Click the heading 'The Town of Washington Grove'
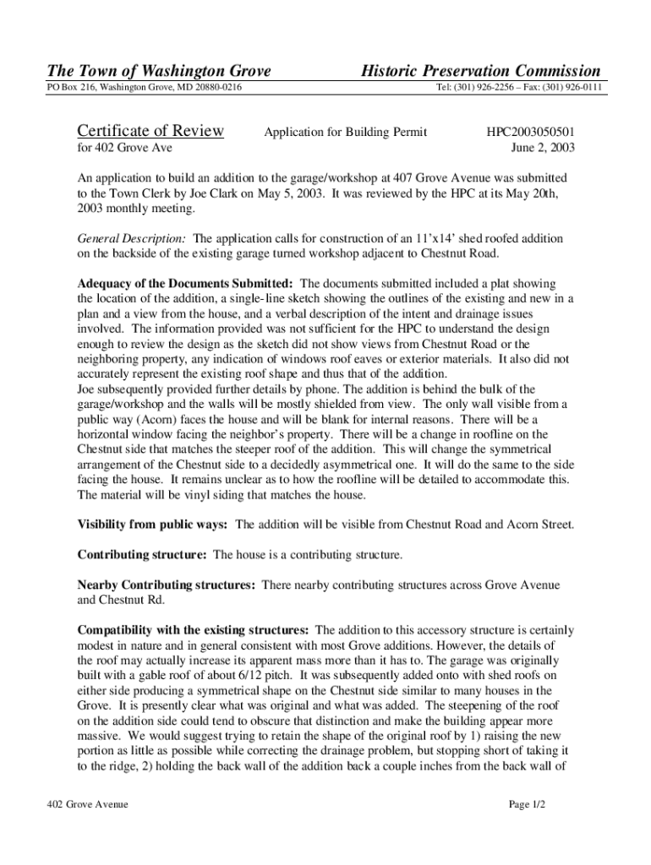click(152, 71)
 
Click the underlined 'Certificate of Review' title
click(150, 131)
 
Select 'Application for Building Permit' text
click(345, 132)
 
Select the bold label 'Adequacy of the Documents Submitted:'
click(186, 283)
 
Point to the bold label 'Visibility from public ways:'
click(152, 525)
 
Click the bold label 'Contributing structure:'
click(142, 555)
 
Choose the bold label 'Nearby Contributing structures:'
click(166, 585)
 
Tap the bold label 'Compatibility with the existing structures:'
click(193, 630)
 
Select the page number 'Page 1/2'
click(527, 804)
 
